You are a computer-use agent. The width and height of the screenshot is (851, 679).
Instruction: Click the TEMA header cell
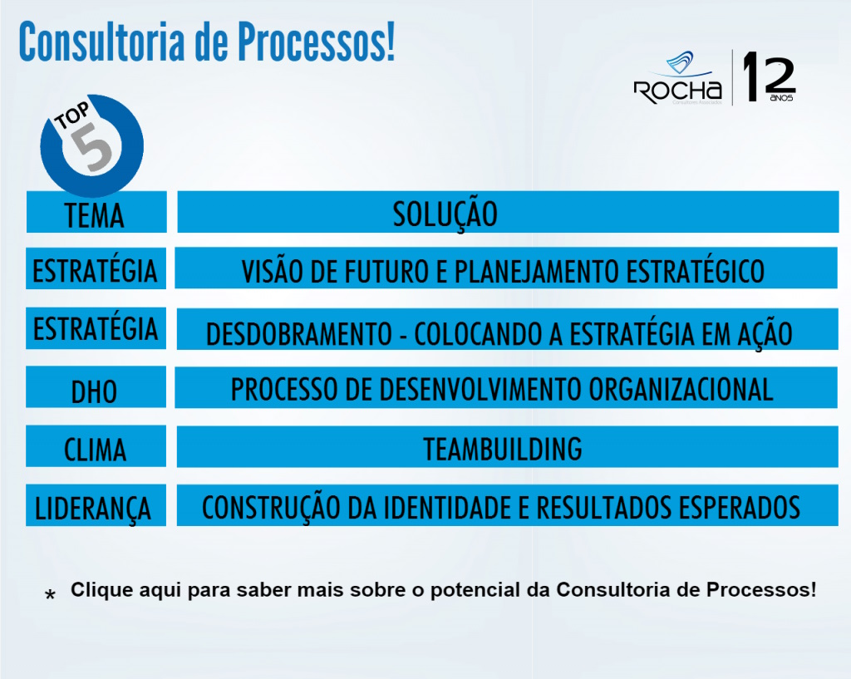pos(96,214)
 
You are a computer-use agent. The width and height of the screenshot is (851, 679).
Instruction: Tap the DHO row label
pos(95,391)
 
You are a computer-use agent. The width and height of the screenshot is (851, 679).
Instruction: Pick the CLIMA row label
pos(96,450)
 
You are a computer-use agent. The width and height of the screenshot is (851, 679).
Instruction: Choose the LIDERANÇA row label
pos(93,508)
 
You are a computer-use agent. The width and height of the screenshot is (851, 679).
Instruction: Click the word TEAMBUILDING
pos(503,449)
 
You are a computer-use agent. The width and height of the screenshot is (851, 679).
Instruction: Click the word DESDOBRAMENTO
pos(298,334)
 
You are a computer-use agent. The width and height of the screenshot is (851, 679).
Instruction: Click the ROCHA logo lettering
pos(677,90)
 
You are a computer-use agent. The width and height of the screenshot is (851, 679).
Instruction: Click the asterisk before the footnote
pos(51,596)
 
